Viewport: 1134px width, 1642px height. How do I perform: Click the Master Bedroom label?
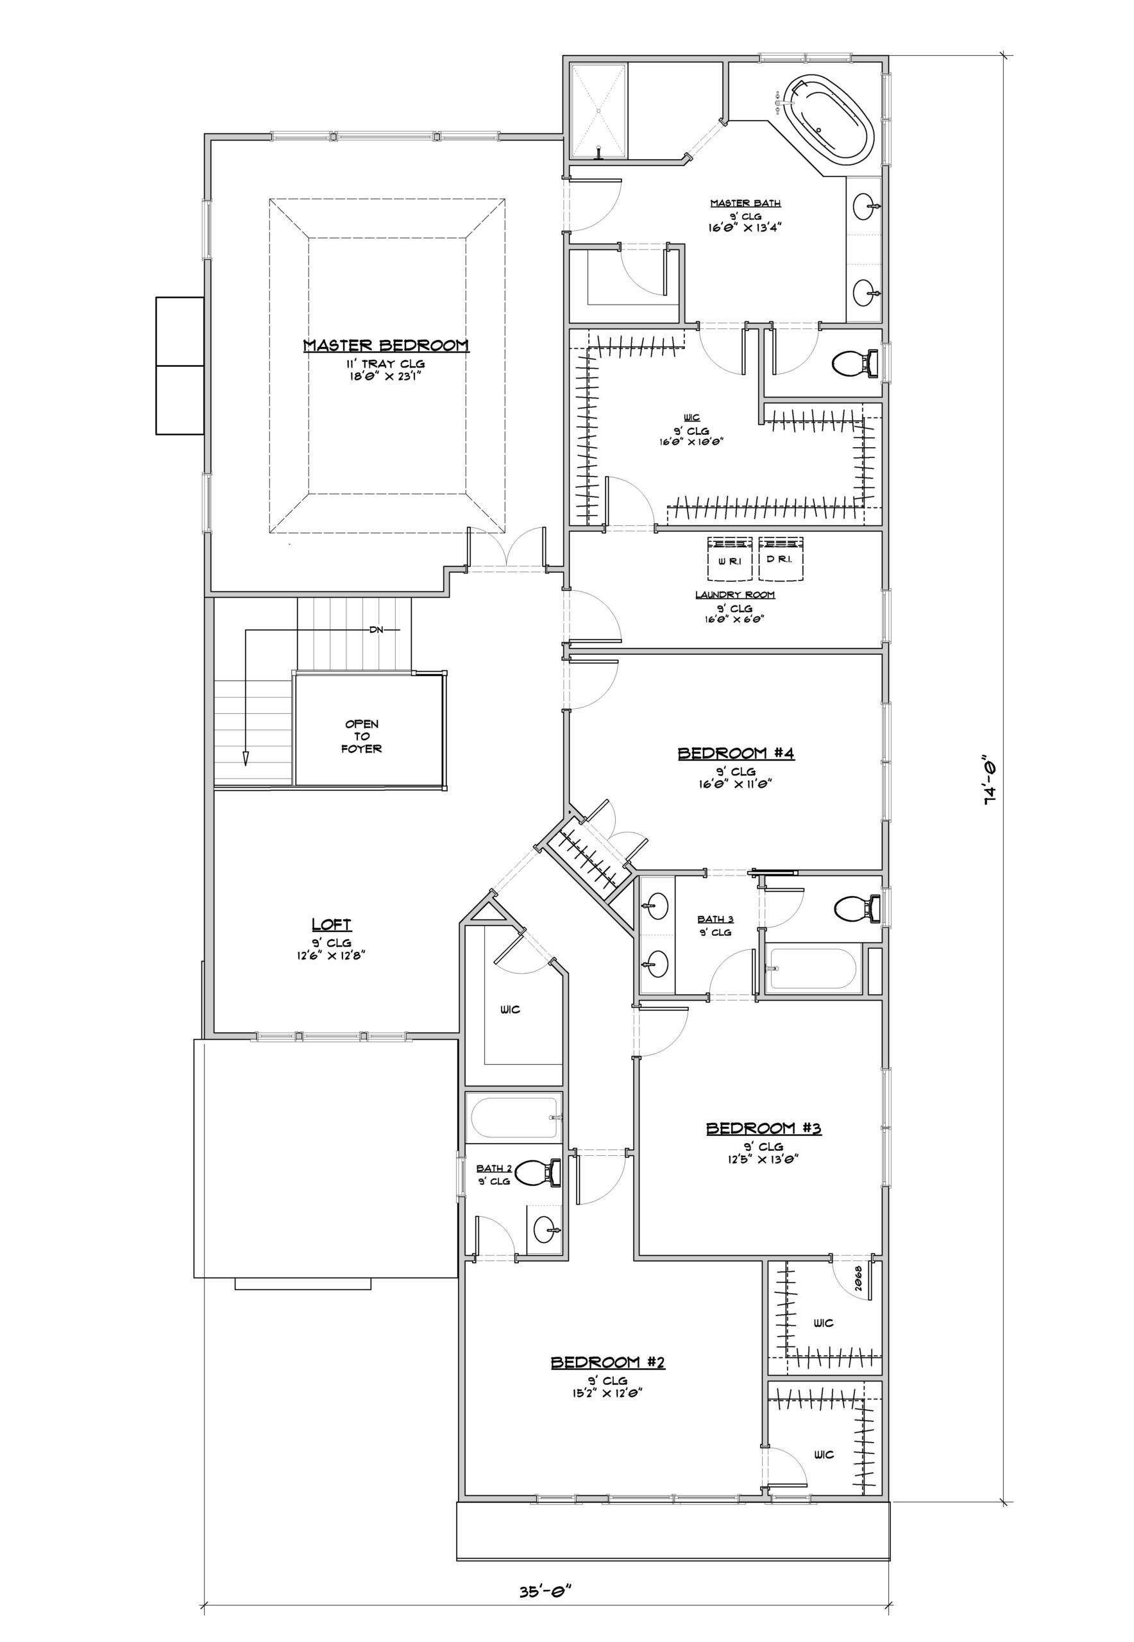coord(386,346)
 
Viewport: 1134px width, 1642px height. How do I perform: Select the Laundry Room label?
coord(734,595)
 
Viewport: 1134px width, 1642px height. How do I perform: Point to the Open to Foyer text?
coord(362,736)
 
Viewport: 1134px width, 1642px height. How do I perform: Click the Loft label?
coord(331,924)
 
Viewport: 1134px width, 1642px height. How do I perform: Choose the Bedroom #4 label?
coord(736,753)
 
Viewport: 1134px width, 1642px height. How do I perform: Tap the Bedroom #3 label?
coord(764,1128)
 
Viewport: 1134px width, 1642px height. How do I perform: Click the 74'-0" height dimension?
coord(990,779)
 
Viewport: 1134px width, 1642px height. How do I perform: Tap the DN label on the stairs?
coord(376,629)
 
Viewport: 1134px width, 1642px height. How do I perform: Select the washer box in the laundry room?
coord(730,559)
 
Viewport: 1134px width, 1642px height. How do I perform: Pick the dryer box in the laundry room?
coord(780,559)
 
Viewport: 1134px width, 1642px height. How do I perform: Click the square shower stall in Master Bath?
coord(598,111)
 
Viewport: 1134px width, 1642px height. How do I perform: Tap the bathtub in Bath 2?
coord(514,1117)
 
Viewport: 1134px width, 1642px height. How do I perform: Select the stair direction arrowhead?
coord(246,758)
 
